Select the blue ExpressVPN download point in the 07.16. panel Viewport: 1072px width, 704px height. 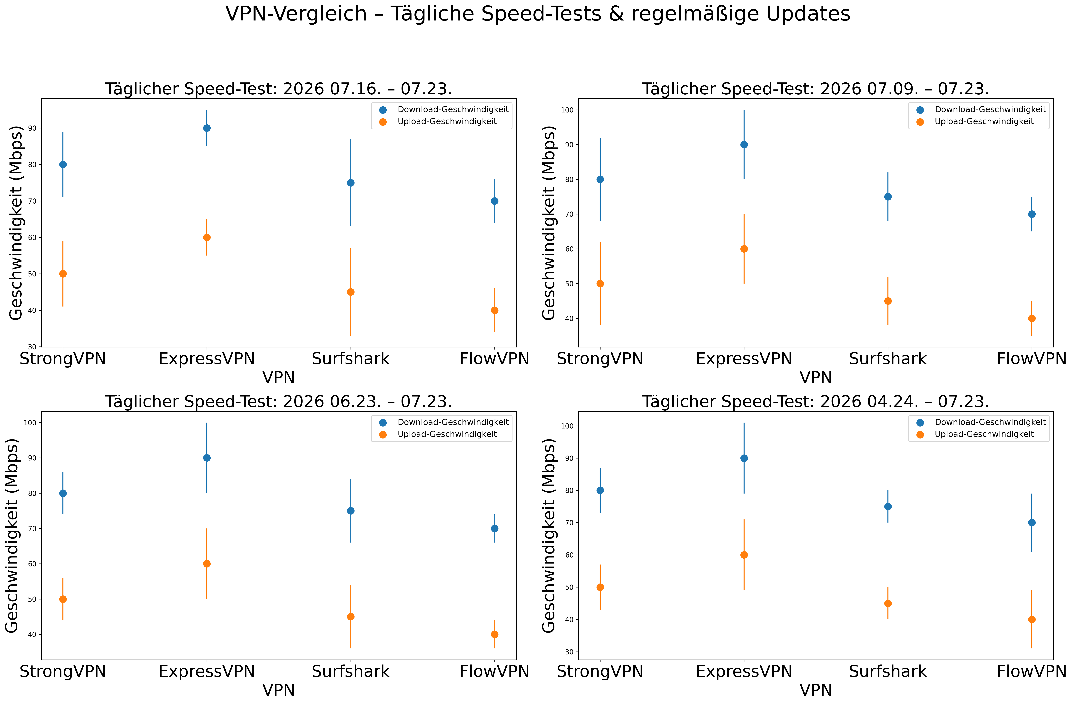207,128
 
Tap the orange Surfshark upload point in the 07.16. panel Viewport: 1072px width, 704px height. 351,292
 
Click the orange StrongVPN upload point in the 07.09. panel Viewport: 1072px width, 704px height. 600,284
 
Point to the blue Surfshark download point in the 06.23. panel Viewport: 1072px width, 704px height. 351,511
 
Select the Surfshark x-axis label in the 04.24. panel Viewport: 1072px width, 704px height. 888,672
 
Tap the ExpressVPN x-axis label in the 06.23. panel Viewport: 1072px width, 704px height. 207,672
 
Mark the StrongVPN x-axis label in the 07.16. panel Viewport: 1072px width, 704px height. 63,359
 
